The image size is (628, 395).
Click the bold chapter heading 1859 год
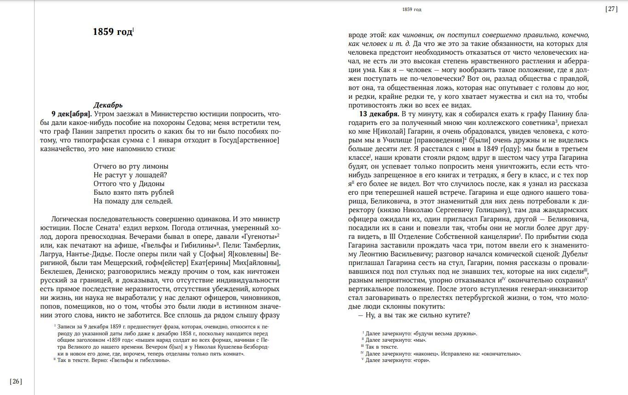(x=113, y=32)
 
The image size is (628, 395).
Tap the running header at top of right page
(x=411, y=9)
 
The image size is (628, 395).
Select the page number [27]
(x=611, y=9)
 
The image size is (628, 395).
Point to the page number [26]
(x=16, y=381)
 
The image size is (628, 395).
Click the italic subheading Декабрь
(x=108, y=105)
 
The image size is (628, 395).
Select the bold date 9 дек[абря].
(x=71, y=114)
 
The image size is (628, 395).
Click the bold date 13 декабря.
(x=379, y=114)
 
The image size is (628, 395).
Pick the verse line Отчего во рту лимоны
(x=131, y=166)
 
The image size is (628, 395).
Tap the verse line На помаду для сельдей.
(x=133, y=201)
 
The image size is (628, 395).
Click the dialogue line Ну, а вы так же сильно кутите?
(x=414, y=315)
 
